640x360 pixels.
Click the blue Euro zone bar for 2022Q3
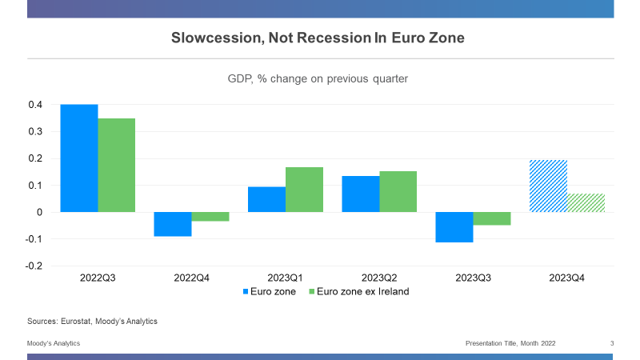(79, 158)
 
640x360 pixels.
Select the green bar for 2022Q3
(117, 165)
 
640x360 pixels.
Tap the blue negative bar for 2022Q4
(173, 224)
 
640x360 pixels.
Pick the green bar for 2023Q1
(305, 190)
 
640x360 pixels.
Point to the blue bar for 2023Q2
(361, 194)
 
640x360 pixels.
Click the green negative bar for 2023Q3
(492, 218)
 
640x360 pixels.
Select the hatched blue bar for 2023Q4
(549, 186)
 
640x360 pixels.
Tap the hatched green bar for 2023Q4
(586, 202)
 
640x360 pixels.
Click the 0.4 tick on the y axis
(35, 105)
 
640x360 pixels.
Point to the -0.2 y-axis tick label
(34, 266)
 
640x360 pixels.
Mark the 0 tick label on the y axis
(38, 212)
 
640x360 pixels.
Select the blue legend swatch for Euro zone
(246, 291)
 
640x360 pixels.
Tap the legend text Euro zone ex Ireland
(364, 291)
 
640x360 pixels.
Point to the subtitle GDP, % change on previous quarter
(318, 78)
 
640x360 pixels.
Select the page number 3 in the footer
(612, 343)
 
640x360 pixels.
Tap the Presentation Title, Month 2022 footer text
(510, 343)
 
